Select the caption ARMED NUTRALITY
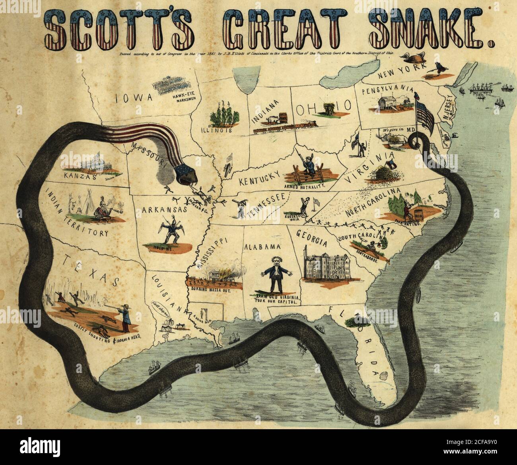pos(305,186)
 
